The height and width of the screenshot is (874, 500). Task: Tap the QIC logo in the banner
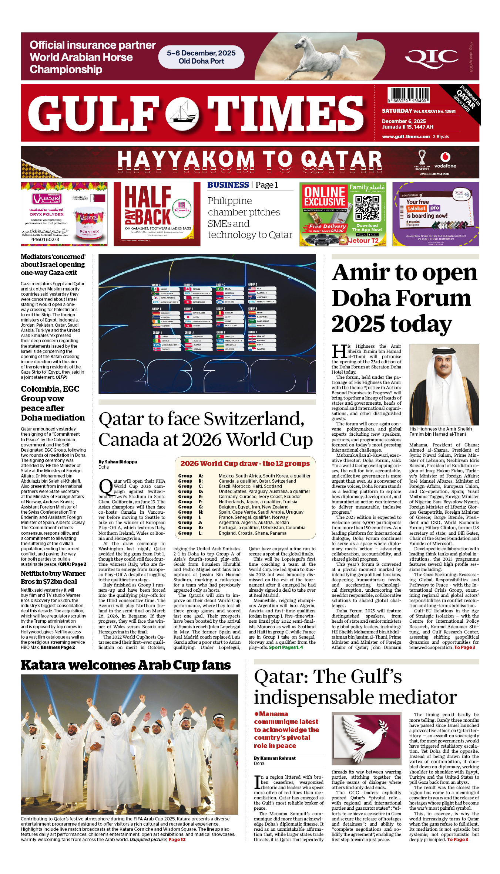(432, 58)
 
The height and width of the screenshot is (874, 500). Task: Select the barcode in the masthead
(408, 95)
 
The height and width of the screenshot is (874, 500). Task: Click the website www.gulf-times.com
(406, 137)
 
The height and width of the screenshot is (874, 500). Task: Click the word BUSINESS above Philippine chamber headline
(228, 185)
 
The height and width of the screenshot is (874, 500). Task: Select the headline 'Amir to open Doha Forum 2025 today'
(404, 298)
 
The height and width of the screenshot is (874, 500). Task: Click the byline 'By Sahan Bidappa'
(118, 462)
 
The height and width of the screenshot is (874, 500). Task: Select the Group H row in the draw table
(244, 512)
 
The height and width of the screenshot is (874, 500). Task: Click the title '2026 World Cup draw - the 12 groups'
(245, 463)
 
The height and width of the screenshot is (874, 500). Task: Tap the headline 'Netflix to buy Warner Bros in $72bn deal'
(53, 577)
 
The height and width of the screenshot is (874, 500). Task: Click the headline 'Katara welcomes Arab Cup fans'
(125, 665)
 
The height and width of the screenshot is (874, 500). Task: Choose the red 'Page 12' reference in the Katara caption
(177, 840)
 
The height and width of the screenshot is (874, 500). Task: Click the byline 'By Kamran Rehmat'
(275, 758)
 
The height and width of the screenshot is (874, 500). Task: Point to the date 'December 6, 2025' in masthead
(404, 121)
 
